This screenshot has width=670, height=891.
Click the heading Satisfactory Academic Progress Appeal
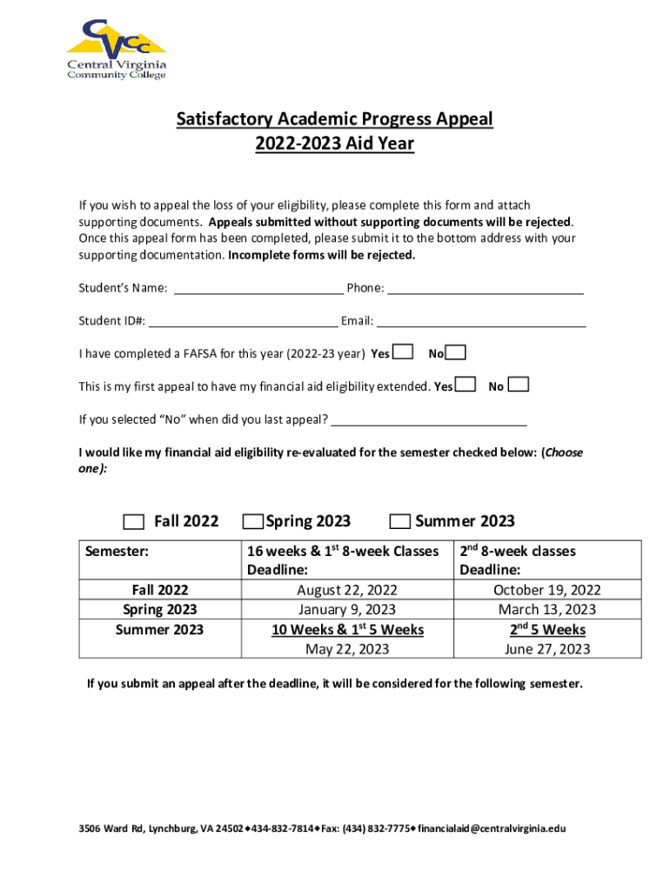[335, 118]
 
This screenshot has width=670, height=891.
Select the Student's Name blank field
[258, 288]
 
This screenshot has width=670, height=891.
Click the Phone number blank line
[485, 288]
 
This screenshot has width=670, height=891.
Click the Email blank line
[481, 321]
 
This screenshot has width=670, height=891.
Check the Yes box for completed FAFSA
[403, 352]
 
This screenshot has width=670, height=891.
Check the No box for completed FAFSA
[456, 352]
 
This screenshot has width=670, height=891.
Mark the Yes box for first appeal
[466, 385]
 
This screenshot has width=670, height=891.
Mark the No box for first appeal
[518, 385]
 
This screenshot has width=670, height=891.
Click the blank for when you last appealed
[429, 420]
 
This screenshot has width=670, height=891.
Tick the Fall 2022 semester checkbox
[133, 522]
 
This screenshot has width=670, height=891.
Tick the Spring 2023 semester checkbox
[252, 522]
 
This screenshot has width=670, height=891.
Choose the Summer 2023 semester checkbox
[399, 522]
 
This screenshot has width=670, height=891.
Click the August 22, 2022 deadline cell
[346, 590]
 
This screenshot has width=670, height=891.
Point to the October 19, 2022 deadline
[546, 590]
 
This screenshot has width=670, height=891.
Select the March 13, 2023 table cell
[546, 609]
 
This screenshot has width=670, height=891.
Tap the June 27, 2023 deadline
[546, 649]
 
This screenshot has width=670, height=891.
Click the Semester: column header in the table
[117, 551]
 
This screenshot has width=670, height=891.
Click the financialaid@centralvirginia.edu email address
[491, 828]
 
